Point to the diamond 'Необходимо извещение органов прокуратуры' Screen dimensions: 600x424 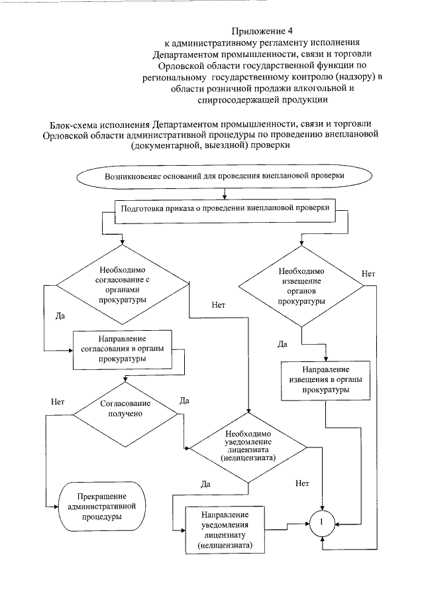click(300, 286)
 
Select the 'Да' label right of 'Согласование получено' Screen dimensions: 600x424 click(185, 400)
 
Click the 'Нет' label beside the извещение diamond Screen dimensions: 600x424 click(369, 274)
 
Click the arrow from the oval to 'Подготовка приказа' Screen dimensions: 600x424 click(227, 193)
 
